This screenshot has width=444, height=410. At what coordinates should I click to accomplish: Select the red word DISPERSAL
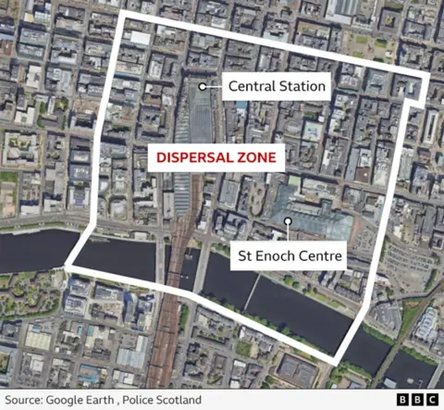click(193, 158)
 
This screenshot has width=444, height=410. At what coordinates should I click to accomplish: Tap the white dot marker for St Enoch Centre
click(290, 220)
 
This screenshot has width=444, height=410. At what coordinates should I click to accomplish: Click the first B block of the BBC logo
click(404, 400)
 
